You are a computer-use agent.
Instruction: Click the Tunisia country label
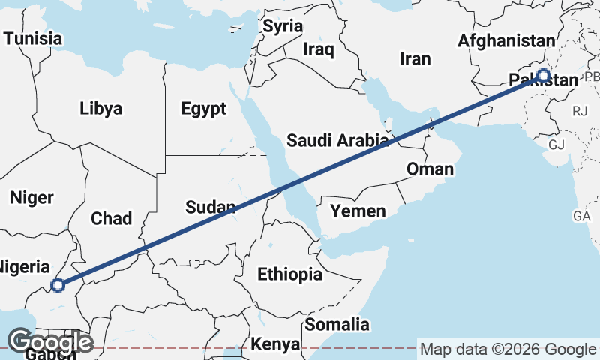(31, 37)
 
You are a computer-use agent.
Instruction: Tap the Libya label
(100, 109)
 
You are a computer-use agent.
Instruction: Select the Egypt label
(203, 109)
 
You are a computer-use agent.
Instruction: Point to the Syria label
(283, 25)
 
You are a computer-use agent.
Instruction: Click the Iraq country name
(318, 49)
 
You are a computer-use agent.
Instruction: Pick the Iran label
(416, 58)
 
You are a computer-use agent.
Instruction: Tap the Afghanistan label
(507, 41)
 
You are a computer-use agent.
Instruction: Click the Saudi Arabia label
(337, 140)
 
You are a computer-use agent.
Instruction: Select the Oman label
(430, 169)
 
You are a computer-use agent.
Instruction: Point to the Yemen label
(358, 211)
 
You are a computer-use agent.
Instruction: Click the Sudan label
(211, 207)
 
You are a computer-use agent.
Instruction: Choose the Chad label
(111, 219)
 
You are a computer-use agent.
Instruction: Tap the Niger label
(31, 198)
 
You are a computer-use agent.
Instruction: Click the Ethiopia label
(289, 274)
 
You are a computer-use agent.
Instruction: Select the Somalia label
(337, 325)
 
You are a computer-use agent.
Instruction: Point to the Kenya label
(274, 344)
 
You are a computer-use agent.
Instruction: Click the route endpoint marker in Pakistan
(544, 75)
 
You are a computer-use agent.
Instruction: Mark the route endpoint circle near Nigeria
(57, 284)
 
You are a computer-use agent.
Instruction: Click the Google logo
(50, 342)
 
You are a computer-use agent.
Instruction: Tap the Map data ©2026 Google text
(508, 349)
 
